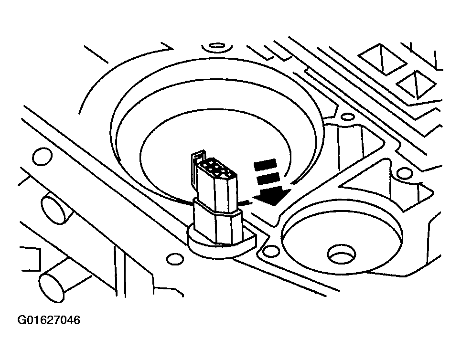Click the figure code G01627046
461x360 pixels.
49,320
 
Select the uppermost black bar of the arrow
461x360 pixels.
265,165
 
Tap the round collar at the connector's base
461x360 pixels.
221,244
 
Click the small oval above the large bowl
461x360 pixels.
217,46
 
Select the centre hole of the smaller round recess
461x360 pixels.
342,254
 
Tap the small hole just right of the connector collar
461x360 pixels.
270,251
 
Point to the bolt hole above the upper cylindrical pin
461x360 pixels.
42,157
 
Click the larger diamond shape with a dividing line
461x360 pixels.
383,59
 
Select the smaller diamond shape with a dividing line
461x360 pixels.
416,85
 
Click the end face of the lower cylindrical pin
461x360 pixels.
52,288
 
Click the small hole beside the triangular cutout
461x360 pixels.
405,173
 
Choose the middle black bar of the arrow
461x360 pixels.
268,179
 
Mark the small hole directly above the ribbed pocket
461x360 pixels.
348,116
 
